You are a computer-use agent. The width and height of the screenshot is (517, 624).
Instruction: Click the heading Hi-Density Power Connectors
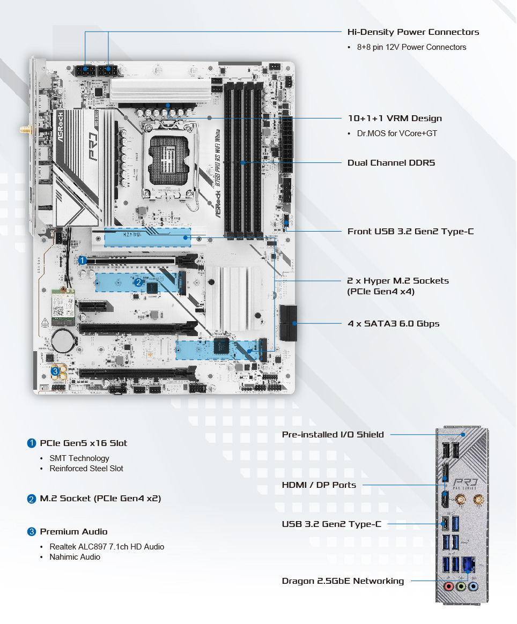413,32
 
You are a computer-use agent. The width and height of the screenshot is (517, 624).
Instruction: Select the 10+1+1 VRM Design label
395,118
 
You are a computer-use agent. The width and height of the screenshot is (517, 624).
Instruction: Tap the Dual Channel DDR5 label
391,162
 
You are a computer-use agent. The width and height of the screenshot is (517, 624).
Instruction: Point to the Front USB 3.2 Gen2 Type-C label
411,232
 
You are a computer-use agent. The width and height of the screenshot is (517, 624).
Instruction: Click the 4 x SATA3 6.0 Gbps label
394,324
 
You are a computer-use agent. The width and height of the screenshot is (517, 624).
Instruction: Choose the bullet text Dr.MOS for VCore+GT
397,133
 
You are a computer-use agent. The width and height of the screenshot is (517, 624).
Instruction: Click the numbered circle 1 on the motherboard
83,261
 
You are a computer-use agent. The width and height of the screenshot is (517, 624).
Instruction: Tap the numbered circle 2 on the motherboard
138,282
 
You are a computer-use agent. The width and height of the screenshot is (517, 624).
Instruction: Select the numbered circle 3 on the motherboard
55,371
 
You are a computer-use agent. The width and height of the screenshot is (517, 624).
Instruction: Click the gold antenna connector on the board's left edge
24,130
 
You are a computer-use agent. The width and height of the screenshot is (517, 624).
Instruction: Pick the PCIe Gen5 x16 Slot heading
84,443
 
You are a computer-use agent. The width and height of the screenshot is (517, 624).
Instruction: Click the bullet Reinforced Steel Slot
86,469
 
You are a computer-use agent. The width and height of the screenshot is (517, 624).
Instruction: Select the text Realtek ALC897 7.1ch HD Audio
107,547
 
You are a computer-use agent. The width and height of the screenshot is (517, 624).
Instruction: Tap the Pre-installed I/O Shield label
333,435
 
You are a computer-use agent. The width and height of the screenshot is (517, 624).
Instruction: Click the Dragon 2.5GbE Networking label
343,581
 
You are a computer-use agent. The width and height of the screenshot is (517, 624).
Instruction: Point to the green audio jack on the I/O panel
460,587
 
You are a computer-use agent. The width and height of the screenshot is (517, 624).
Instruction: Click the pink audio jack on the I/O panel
448,587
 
